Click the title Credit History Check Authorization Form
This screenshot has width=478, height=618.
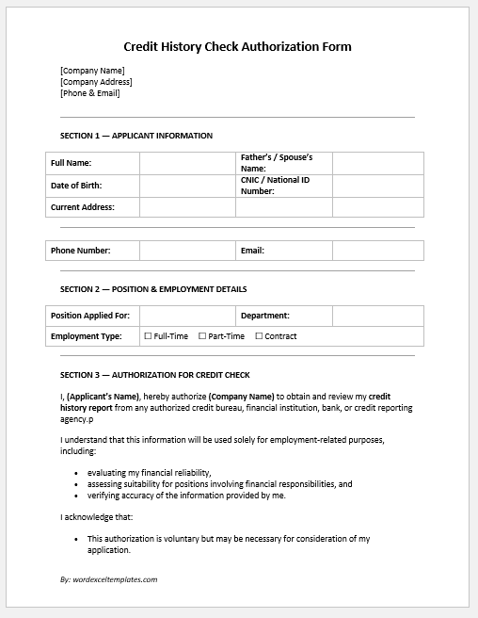(238, 46)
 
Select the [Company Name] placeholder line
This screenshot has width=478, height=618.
(92, 71)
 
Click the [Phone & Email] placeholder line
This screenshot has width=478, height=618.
(90, 93)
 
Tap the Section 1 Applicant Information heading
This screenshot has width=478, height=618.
(136, 136)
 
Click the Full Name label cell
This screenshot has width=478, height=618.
(72, 163)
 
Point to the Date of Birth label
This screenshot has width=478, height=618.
(76, 186)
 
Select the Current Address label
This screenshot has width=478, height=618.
(83, 207)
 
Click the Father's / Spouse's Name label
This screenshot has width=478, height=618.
(277, 163)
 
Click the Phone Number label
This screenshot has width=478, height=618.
(81, 251)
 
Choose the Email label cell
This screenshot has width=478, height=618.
(252, 251)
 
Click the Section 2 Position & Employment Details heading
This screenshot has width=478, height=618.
(153, 289)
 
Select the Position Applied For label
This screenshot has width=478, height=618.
(90, 316)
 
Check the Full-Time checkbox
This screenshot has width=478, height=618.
(148, 336)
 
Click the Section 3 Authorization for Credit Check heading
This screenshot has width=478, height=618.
(154, 375)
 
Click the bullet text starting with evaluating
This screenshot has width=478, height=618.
(149, 472)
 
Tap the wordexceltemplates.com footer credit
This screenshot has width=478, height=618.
(108, 579)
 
